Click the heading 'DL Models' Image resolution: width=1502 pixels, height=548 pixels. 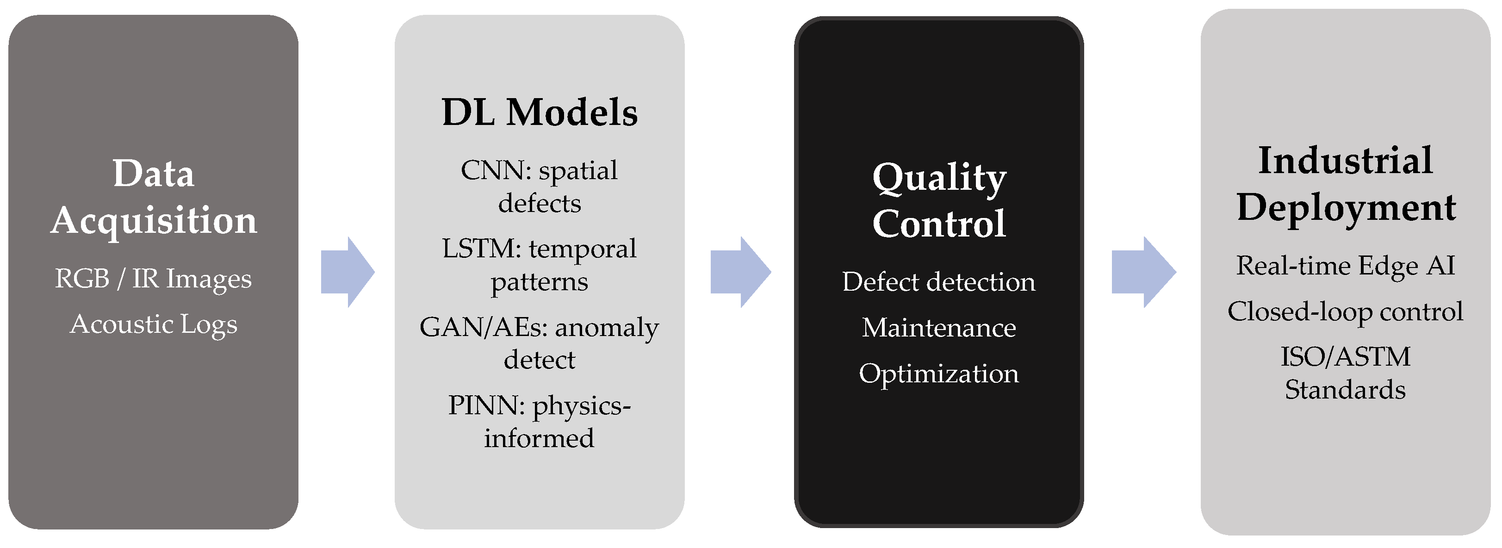pos(540,112)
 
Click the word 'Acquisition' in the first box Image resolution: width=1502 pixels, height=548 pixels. pos(154,221)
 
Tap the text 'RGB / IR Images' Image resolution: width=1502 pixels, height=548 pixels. pos(153,279)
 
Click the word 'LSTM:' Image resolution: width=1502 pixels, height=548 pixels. pos(482,249)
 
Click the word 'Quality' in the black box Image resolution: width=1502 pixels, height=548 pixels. pos(939,178)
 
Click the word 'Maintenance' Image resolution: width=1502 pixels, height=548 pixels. pos(939,328)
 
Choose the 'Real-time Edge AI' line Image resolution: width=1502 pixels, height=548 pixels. pos(1346,266)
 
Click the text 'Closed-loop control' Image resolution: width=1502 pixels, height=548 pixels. pos(1345,312)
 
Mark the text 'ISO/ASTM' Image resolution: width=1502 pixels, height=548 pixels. pos(1346,357)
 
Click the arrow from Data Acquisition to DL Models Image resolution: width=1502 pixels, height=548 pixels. pos(348,272)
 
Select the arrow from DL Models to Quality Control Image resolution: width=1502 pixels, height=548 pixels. pos(740,272)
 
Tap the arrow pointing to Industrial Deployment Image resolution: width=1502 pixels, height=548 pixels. pos(1144,272)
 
